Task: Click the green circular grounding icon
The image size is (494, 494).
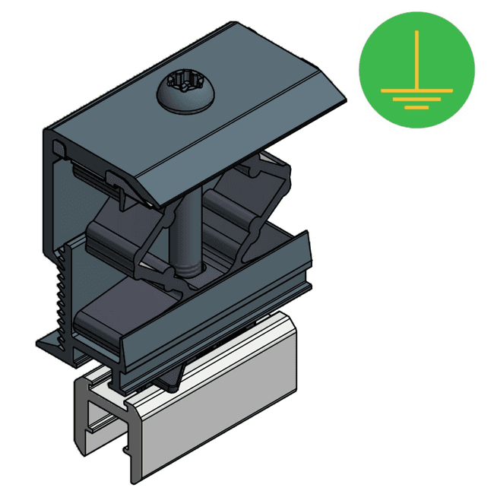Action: (x=416, y=69)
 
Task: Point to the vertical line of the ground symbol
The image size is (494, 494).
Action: (x=416, y=61)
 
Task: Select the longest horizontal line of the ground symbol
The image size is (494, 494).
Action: (x=416, y=90)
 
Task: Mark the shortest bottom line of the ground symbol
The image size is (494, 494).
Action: (x=416, y=107)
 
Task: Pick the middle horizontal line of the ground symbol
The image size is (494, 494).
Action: (x=416, y=99)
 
